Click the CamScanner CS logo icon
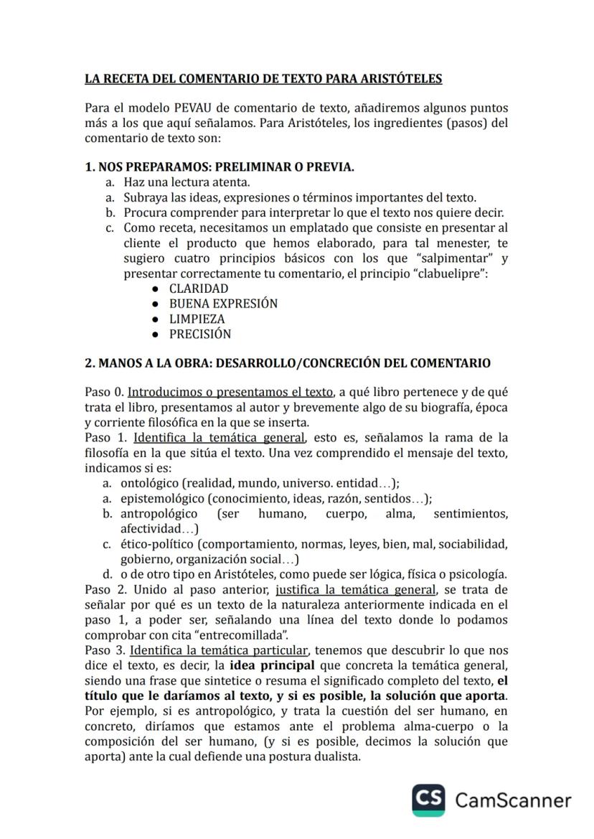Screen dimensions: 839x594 click(x=428, y=800)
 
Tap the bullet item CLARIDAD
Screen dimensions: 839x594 click(x=199, y=289)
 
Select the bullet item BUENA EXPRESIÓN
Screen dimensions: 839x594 click(x=223, y=304)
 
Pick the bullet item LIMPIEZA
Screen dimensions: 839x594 click(x=197, y=319)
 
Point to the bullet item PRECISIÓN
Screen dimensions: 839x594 click(x=200, y=334)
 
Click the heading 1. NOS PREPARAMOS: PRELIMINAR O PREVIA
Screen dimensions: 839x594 click(x=220, y=167)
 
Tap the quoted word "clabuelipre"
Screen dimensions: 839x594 click(x=448, y=273)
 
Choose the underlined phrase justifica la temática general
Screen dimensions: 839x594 click(x=355, y=590)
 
